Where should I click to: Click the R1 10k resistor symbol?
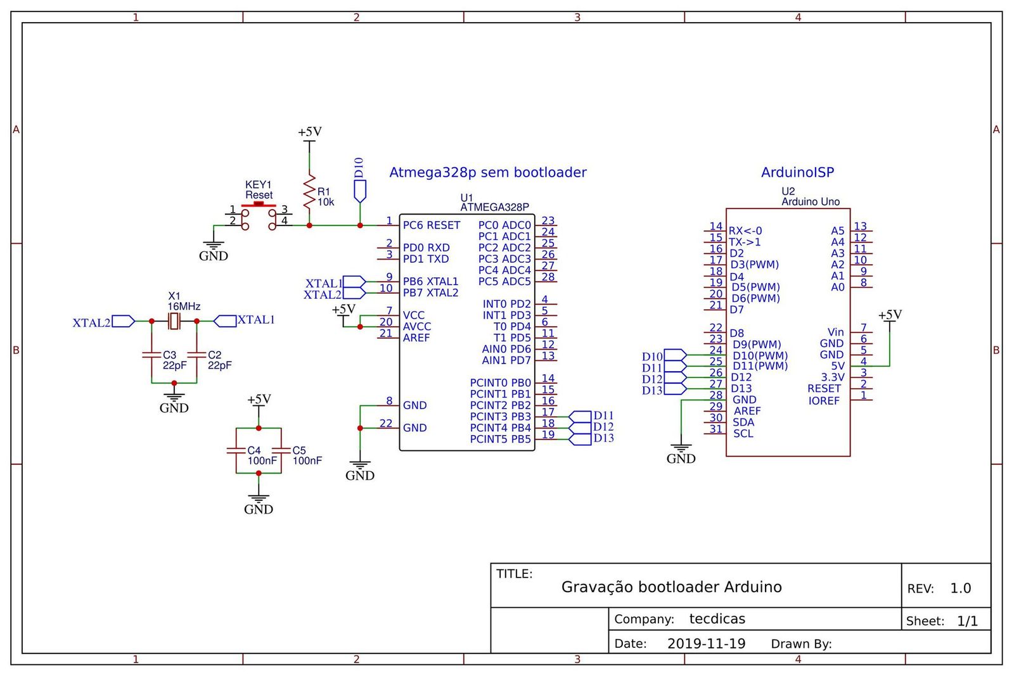tap(309, 193)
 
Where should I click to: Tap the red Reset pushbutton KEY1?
tap(259, 205)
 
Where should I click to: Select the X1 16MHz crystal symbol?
tap(174, 322)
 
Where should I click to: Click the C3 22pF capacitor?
tap(151, 356)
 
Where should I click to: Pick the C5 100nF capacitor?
tap(281, 450)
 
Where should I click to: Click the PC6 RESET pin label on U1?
tap(431, 225)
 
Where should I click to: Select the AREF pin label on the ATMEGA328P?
tap(416, 338)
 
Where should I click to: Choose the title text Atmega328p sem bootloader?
tap(487, 172)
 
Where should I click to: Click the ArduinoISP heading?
tap(797, 172)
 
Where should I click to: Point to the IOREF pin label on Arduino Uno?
tap(823, 401)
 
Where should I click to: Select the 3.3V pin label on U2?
tap(832, 377)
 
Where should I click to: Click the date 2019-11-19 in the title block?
tap(706, 643)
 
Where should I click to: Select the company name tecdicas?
tap(717, 619)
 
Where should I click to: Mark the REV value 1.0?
tap(960, 588)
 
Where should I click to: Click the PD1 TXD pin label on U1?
tap(426, 259)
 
